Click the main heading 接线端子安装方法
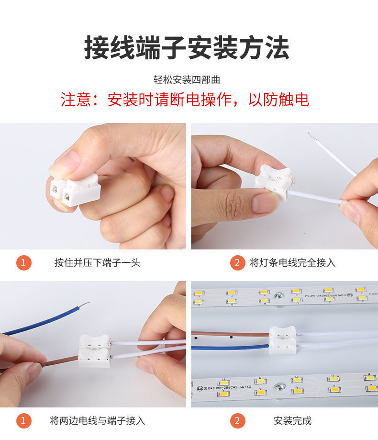pos(187,47)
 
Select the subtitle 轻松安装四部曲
pos(187,80)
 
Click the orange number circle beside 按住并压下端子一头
pos(23,262)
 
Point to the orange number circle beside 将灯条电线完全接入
pos(237,262)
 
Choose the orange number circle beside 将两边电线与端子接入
pos(23,420)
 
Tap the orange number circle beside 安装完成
pos(237,420)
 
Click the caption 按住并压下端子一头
pos(97,262)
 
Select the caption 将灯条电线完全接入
pos(292,262)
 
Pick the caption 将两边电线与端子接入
pos(97,420)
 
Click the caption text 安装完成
pos(292,420)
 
